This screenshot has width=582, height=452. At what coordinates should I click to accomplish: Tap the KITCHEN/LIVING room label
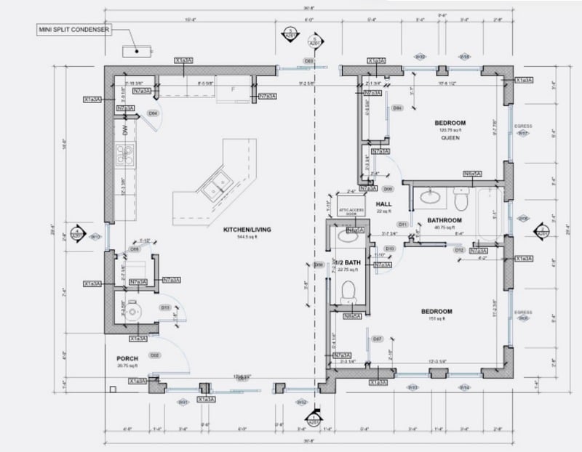click(247, 230)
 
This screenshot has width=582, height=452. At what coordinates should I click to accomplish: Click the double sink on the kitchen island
click(214, 185)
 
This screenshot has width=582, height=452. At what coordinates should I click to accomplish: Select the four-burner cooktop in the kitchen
click(125, 154)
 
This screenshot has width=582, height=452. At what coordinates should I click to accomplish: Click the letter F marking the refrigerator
click(232, 89)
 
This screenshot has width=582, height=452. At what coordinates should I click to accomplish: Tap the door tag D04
click(154, 113)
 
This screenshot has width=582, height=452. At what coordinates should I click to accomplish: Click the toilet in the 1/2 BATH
click(348, 291)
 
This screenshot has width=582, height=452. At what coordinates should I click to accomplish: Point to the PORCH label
click(127, 359)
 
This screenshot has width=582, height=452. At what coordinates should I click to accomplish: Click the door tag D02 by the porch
click(154, 355)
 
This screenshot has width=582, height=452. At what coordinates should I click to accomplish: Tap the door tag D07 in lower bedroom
click(377, 339)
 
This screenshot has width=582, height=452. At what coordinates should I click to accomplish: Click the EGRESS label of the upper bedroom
click(523, 126)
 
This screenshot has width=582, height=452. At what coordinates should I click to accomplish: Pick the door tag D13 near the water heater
click(165, 307)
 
